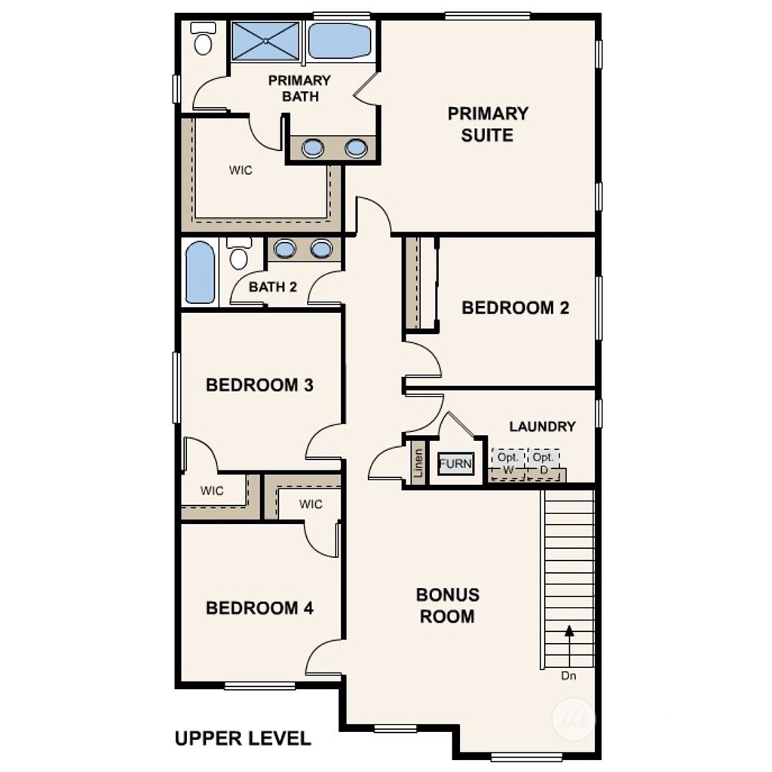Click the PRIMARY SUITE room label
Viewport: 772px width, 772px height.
[488, 124]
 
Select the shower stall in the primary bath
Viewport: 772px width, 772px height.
[265, 41]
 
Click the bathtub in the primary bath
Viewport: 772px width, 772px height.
[339, 41]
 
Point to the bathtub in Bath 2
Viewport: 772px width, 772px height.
[200, 272]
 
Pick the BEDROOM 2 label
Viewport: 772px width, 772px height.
[515, 308]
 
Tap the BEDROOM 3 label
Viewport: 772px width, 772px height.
[259, 385]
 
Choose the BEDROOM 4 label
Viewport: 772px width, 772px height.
[259, 608]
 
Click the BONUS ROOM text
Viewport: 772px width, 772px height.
[447, 605]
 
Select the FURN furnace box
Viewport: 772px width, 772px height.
[455, 464]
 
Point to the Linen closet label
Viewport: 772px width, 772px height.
[418, 465]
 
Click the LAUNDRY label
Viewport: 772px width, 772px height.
[542, 427]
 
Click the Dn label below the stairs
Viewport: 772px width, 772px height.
[568, 676]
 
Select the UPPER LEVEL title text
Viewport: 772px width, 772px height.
[242, 738]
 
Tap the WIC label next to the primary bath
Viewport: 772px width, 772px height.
[240, 170]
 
